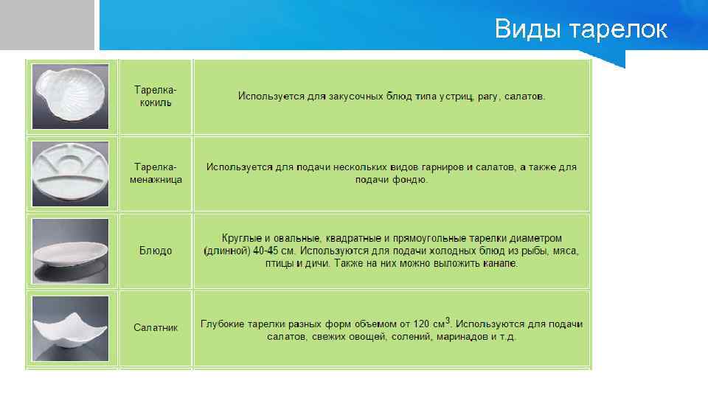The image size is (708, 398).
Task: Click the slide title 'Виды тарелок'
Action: point(580,29)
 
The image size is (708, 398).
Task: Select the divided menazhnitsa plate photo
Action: point(71,173)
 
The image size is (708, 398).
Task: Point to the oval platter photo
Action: point(71,251)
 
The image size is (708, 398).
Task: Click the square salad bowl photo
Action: point(71,328)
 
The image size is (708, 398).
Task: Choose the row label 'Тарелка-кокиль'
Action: point(156,97)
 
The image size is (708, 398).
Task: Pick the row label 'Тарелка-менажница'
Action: point(156,173)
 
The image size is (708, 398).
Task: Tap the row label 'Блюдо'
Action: point(156,251)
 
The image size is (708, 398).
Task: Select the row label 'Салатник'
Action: point(156,327)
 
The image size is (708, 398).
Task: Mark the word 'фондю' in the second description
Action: point(412,180)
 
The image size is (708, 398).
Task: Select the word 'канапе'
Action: point(501,263)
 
